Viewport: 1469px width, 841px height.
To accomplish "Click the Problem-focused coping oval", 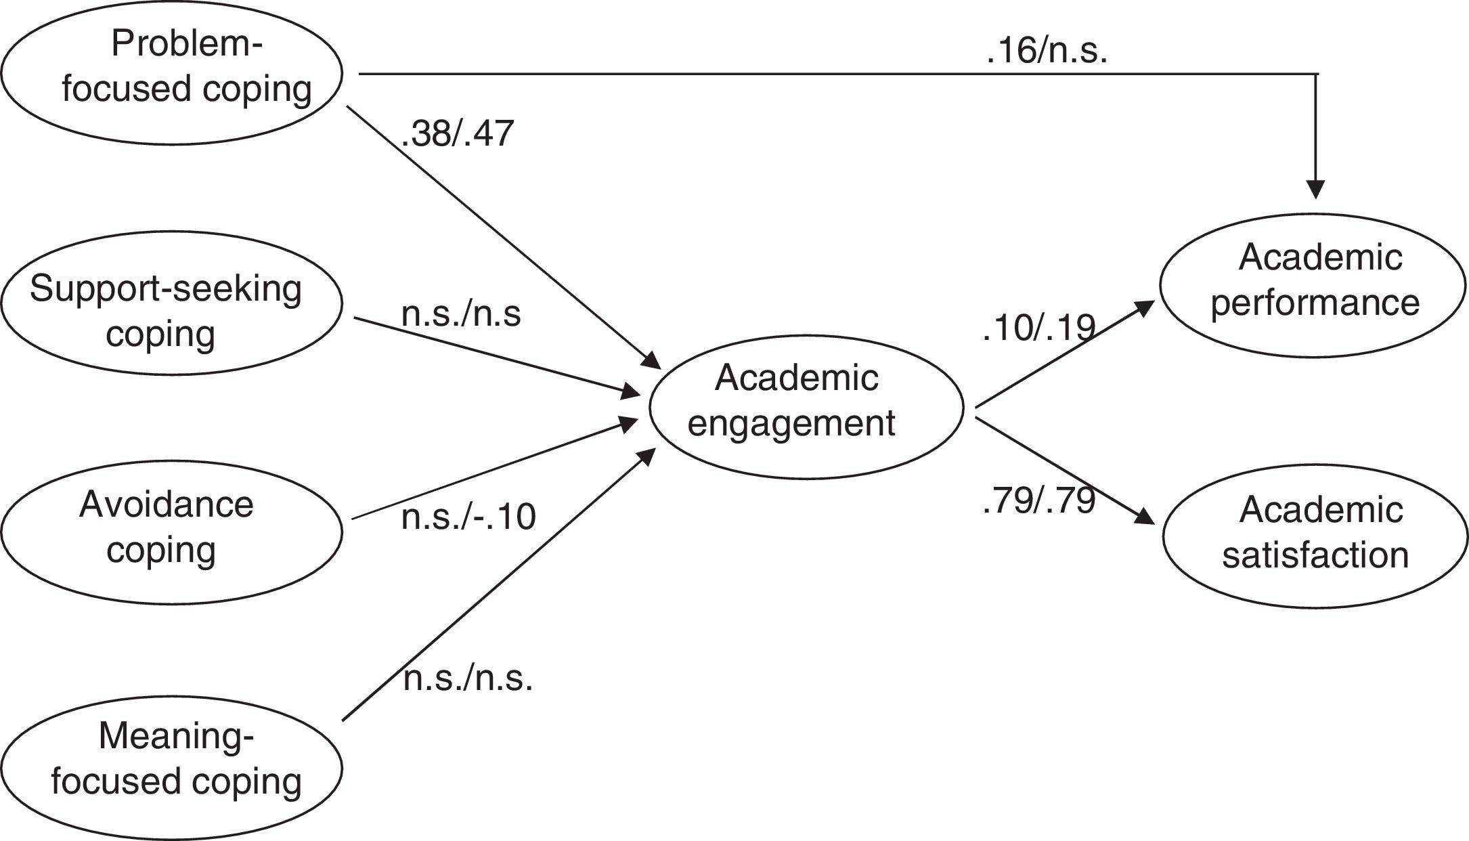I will (172, 72).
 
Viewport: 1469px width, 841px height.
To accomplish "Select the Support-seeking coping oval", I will (172, 303).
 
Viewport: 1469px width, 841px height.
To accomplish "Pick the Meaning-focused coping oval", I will (172, 767).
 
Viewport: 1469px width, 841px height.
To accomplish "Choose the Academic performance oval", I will (1313, 285).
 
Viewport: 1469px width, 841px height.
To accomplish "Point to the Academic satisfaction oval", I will (1315, 536).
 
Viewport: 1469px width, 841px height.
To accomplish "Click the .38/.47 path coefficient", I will (458, 133).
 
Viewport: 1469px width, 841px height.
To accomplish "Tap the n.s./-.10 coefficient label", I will (468, 517).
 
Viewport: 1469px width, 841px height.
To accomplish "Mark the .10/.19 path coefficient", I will (1038, 328).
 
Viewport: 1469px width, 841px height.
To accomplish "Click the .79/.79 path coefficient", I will (1038, 502).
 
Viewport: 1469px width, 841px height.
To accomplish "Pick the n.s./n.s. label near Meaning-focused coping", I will (468, 678).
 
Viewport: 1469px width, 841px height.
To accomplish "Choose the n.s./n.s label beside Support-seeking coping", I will (461, 315).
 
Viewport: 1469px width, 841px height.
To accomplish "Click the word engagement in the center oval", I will (791, 424).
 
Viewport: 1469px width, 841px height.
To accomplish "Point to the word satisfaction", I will (1315, 555).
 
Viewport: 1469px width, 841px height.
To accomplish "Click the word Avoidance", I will (167, 505).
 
